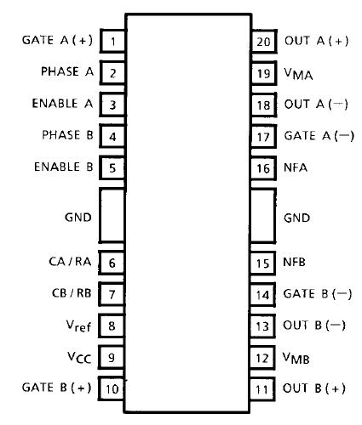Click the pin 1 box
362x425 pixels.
click(x=112, y=41)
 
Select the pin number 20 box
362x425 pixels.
click(x=263, y=41)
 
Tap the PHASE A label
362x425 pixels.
click(x=67, y=72)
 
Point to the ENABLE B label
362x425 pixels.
click(x=64, y=167)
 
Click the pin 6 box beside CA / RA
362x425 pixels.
click(x=112, y=265)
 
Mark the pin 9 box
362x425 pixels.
click(x=112, y=358)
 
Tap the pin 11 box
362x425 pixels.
click(x=263, y=389)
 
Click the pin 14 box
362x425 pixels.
click(x=263, y=295)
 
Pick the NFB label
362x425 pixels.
click(x=294, y=263)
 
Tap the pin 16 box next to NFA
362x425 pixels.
click(x=263, y=167)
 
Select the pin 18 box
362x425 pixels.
click(x=263, y=105)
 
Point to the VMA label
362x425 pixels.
click(x=297, y=74)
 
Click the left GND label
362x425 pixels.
click(x=78, y=216)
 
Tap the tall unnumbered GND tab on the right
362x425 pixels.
click(x=263, y=216)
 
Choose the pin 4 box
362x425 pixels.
click(x=112, y=136)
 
